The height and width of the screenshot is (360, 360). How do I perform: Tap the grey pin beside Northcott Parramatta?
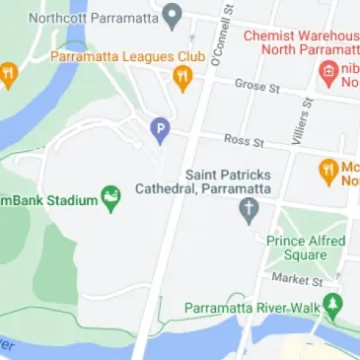tap(172, 16)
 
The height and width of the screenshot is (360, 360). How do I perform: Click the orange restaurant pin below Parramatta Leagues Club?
tap(181, 79)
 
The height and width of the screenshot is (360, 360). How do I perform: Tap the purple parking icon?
tap(160, 129)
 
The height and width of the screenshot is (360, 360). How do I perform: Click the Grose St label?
tap(257, 87)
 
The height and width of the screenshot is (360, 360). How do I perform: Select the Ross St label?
tap(244, 142)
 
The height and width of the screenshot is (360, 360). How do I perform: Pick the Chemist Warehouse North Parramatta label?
tap(300, 43)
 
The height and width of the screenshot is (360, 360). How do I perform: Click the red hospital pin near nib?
tap(328, 71)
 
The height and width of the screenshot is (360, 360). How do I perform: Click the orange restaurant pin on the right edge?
tap(328, 173)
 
